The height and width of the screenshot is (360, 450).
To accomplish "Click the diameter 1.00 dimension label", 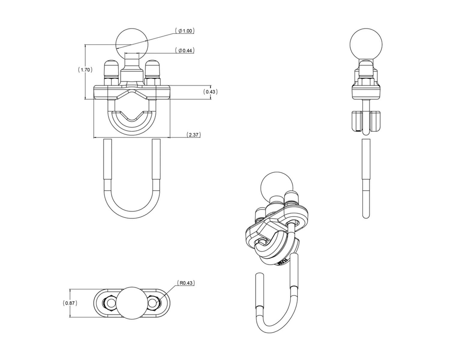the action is pos(185,31).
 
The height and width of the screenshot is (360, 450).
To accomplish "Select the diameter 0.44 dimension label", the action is pos(185,50).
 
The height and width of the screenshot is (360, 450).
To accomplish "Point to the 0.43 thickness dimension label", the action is pos(210,91).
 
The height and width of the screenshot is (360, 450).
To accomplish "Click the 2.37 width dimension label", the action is pos(193,135).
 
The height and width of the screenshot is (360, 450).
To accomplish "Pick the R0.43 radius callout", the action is pos(186,283).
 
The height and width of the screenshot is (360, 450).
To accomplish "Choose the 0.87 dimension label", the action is pos(70,303).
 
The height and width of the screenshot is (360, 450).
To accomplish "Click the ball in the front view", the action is pos(132,44).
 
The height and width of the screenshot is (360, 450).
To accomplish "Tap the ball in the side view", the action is pos(366,44).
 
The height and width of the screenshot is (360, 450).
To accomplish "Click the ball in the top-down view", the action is pos(132,303).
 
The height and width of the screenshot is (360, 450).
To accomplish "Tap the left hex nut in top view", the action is pos(109,303).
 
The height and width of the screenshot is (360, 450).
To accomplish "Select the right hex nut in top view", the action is pos(154,303).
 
